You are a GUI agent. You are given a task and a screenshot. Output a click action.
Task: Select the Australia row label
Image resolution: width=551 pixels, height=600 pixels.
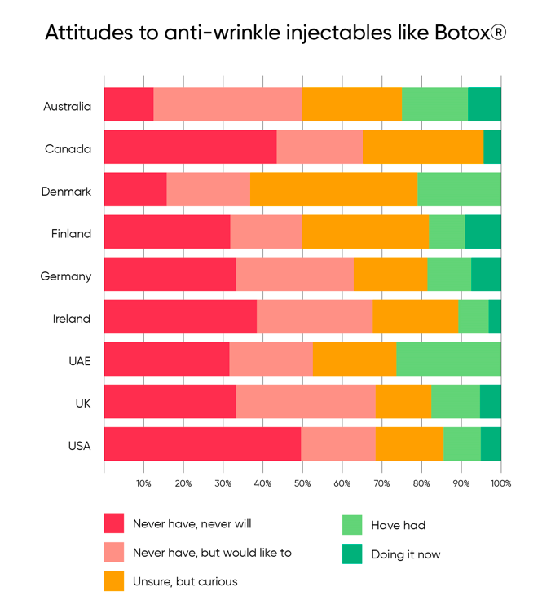coord(68,107)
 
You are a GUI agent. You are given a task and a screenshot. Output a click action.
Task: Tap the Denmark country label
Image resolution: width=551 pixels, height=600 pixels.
coord(67,192)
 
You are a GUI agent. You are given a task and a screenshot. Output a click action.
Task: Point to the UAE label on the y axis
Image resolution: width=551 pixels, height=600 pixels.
coord(79,361)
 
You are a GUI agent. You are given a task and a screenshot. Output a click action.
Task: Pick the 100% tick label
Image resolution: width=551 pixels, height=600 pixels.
coord(500,483)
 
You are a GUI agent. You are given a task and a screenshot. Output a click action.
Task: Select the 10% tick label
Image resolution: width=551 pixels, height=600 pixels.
coord(143,483)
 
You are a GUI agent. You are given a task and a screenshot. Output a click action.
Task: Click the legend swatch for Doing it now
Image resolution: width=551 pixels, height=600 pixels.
coord(352,554)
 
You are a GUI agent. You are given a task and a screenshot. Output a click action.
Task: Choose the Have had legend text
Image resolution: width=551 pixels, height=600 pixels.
coord(398,525)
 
